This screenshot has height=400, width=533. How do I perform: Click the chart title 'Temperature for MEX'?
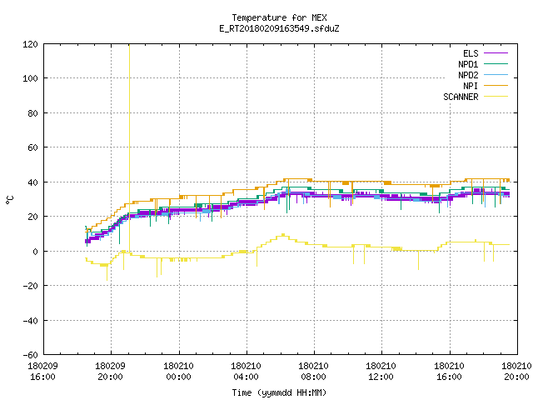point(279,17)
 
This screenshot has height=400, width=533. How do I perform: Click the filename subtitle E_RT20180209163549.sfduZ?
point(279,28)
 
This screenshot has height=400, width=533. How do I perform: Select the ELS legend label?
point(471,53)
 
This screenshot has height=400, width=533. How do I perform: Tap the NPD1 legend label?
point(468,64)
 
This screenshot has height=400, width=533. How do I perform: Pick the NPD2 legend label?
point(468,75)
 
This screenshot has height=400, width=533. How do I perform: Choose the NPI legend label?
point(471,86)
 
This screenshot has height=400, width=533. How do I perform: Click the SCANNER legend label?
point(461,97)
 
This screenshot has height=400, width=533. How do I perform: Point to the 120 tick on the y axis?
point(30,44)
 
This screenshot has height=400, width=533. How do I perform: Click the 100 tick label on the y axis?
point(30,78)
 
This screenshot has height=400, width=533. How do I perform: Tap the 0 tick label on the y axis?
point(35,252)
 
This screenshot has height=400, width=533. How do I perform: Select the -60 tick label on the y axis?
point(30,355)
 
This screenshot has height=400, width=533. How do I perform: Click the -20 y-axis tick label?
point(30,286)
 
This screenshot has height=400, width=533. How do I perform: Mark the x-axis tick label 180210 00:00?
point(178,372)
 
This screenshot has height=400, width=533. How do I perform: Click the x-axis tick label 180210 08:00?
point(313,372)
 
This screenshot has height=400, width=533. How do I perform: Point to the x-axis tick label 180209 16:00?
point(42,372)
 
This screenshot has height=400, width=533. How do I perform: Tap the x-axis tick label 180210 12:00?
point(381,372)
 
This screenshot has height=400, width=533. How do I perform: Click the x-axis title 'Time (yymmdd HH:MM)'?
point(279,392)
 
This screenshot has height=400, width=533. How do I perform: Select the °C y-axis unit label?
point(9,200)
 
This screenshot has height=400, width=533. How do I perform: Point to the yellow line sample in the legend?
point(496,97)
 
